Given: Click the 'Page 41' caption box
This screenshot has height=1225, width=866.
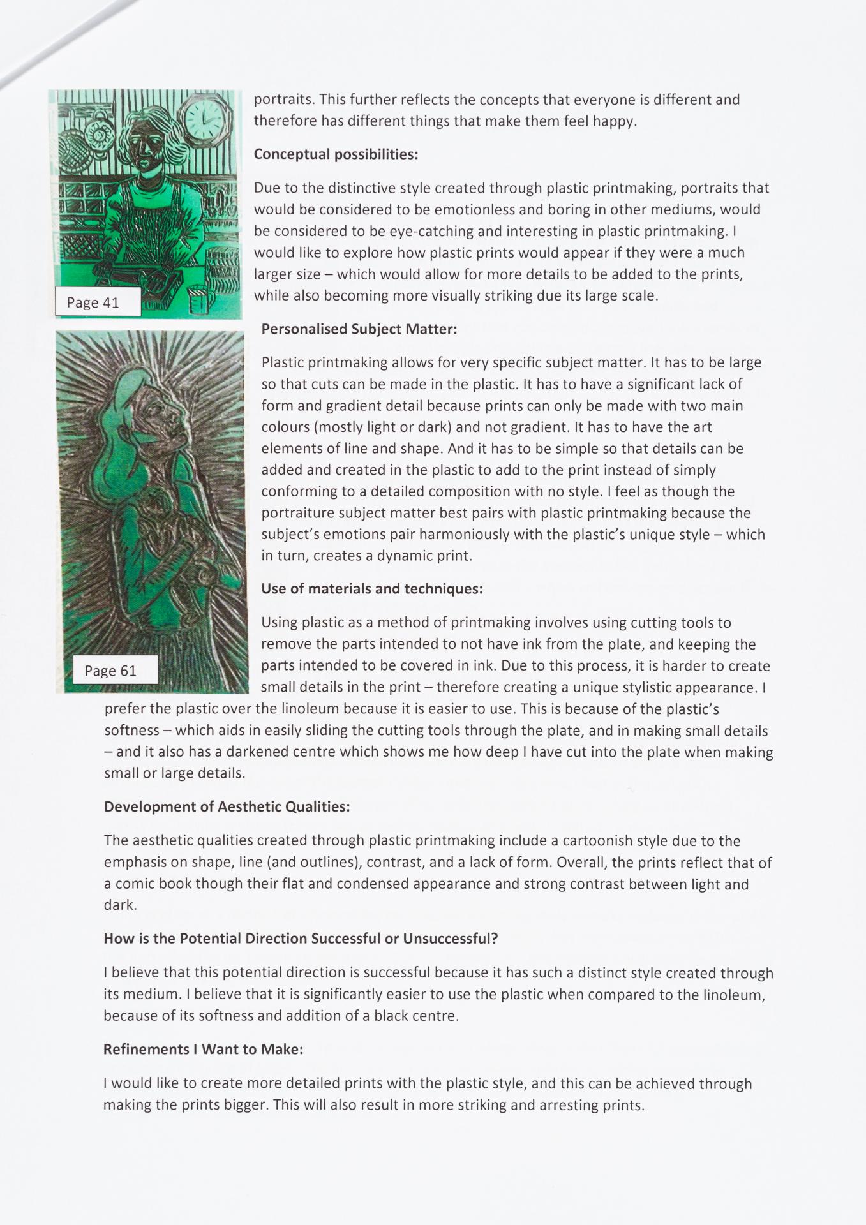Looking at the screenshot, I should (98, 302).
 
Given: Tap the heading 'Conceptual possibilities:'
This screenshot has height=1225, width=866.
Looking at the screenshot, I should (336, 154).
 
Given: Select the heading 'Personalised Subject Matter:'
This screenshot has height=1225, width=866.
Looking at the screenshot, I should (359, 329).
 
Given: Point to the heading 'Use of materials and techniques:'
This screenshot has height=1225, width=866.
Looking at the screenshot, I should (372, 589).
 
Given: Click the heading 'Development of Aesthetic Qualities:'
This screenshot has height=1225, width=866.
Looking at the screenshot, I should (227, 807).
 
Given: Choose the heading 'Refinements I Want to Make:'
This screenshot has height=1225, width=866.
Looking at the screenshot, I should (203, 1050).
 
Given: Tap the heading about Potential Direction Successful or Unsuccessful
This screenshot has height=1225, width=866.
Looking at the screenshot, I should (301, 939).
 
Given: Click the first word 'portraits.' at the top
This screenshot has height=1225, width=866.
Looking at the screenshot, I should (284, 100).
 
